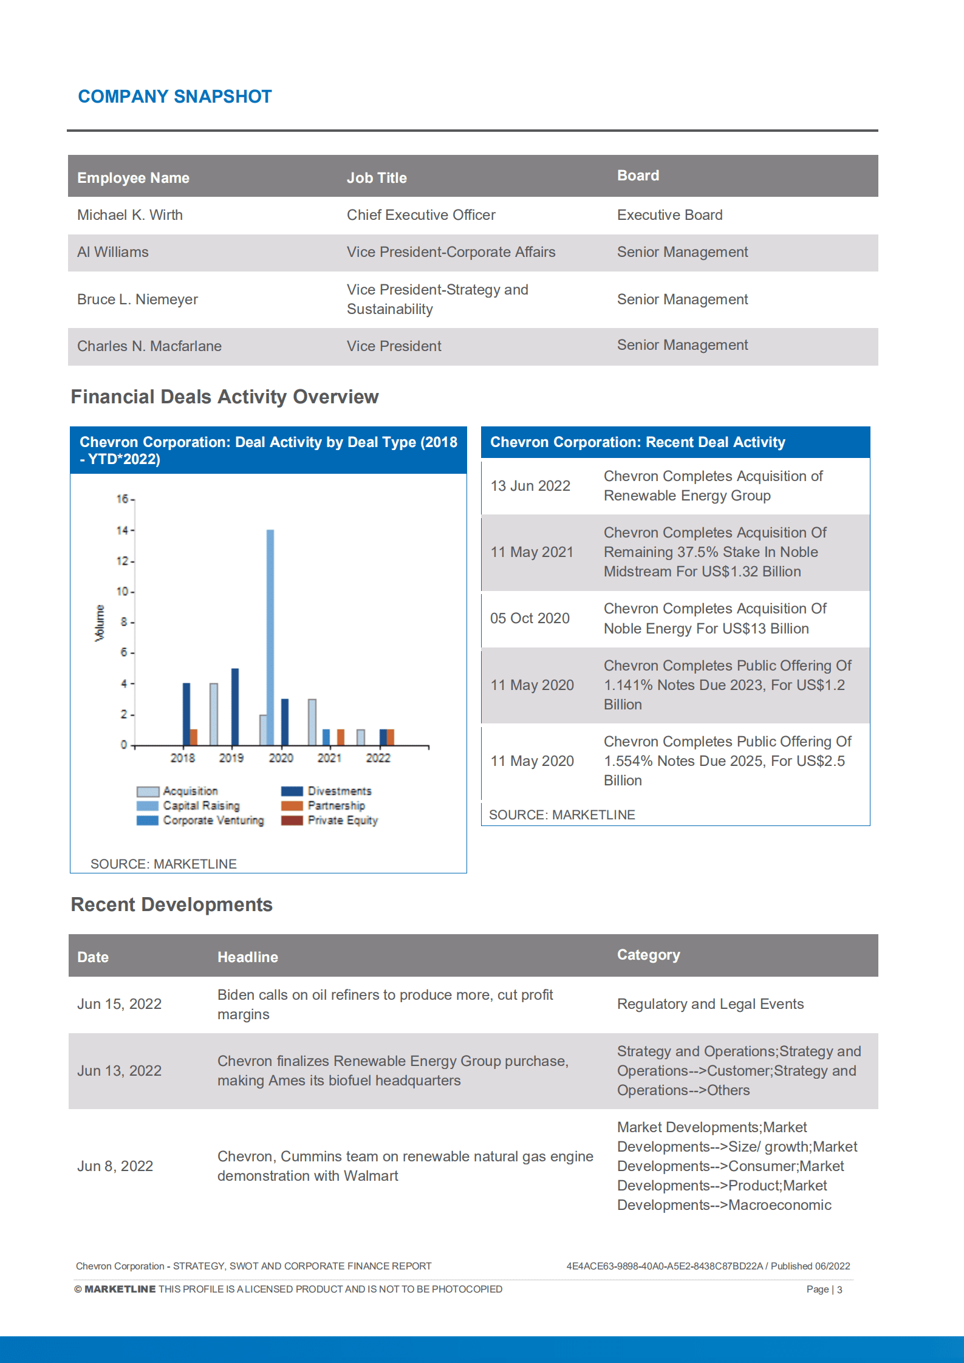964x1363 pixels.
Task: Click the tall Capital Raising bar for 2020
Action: pyautogui.click(x=270, y=638)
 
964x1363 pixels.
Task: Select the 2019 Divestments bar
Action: pyautogui.click(x=235, y=707)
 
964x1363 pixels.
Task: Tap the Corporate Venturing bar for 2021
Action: pyautogui.click(x=326, y=737)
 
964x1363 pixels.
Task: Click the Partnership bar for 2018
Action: pyautogui.click(x=194, y=737)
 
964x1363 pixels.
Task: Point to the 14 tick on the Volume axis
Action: pyautogui.click(x=123, y=530)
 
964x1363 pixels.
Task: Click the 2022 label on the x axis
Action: pyautogui.click(x=378, y=758)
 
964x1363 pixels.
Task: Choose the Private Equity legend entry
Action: pyautogui.click(x=342, y=821)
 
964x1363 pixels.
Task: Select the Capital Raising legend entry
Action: pyautogui.click(x=201, y=806)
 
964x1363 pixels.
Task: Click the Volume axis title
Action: pyautogui.click(x=100, y=623)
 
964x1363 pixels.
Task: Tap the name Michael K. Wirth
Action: pyautogui.click(x=130, y=215)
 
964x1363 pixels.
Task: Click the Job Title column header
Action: pyautogui.click(x=377, y=178)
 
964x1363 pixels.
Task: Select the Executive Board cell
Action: pyautogui.click(x=669, y=215)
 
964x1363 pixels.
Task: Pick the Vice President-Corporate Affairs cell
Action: pyautogui.click(x=451, y=252)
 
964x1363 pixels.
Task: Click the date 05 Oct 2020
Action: pyautogui.click(x=530, y=618)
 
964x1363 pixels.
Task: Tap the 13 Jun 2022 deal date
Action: pyautogui.click(x=530, y=486)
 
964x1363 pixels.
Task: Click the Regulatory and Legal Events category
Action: pyautogui.click(x=710, y=1004)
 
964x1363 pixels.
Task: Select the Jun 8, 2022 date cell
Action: pyautogui.click(x=115, y=1166)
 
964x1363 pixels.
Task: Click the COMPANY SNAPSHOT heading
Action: pyautogui.click(x=175, y=97)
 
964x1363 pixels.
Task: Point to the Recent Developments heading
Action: pyautogui.click(x=172, y=904)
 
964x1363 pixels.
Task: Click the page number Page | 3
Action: pyautogui.click(x=824, y=1290)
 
